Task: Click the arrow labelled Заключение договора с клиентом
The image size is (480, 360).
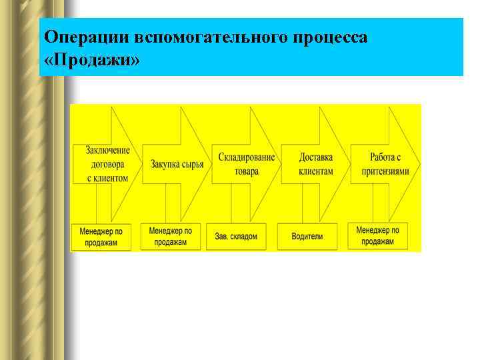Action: (x=107, y=164)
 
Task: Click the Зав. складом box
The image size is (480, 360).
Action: (x=236, y=237)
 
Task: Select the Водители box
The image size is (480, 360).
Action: (x=307, y=237)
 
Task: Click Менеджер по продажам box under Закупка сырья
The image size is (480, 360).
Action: (x=171, y=236)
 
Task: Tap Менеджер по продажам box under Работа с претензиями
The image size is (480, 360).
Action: (x=377, y=236)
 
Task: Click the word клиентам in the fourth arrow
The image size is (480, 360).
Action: (x=315, y=171)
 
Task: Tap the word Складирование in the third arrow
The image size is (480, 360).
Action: (x=246, y=157)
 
